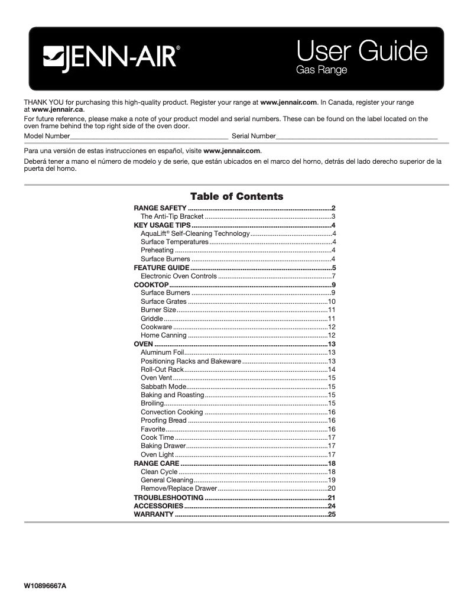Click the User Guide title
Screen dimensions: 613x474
pyautogui.click(x=361, y=51)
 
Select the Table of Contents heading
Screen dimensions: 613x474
pyautogui.click(x=236, y=196)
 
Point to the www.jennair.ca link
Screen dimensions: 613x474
pyautogui.click(x=58, y=109)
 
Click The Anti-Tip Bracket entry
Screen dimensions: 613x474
pyautogui.click(x=172, y=217)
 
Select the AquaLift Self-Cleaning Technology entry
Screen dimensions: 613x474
pyautogui.click(x=195, y=233)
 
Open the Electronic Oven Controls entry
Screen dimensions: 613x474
pyautogui.click(x=178, y=276)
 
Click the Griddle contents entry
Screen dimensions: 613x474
pyautogui.click(x=152, y=319)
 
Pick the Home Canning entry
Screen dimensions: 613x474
pyautogui.click(x=164, y=335)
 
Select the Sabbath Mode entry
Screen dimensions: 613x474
pyautogui.click(x=164, y=387)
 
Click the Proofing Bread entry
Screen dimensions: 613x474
pyautogui.click(x=164, y=420)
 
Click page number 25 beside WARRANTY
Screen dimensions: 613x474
pyautogui.click(x=332, y=515)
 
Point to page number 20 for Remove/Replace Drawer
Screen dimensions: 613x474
pyautogui.click(x=332, y=488)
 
